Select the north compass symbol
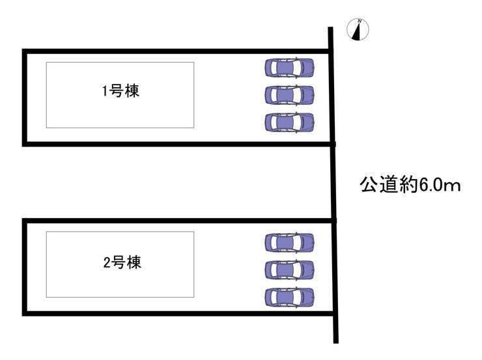[x=358, y=30]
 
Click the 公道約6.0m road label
[x=410, y=186]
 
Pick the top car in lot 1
[x=289, y=67]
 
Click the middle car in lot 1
[x=289, y=95]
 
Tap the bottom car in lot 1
[x=289, y=122]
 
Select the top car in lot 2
[x=289, y=242]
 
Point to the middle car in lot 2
[x=289, y=269]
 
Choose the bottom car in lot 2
[x=289, y=297]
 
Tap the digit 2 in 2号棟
[x=106, y=264]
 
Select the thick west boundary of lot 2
[x=25, y=267]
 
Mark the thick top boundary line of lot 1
[x=176, y=51]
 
